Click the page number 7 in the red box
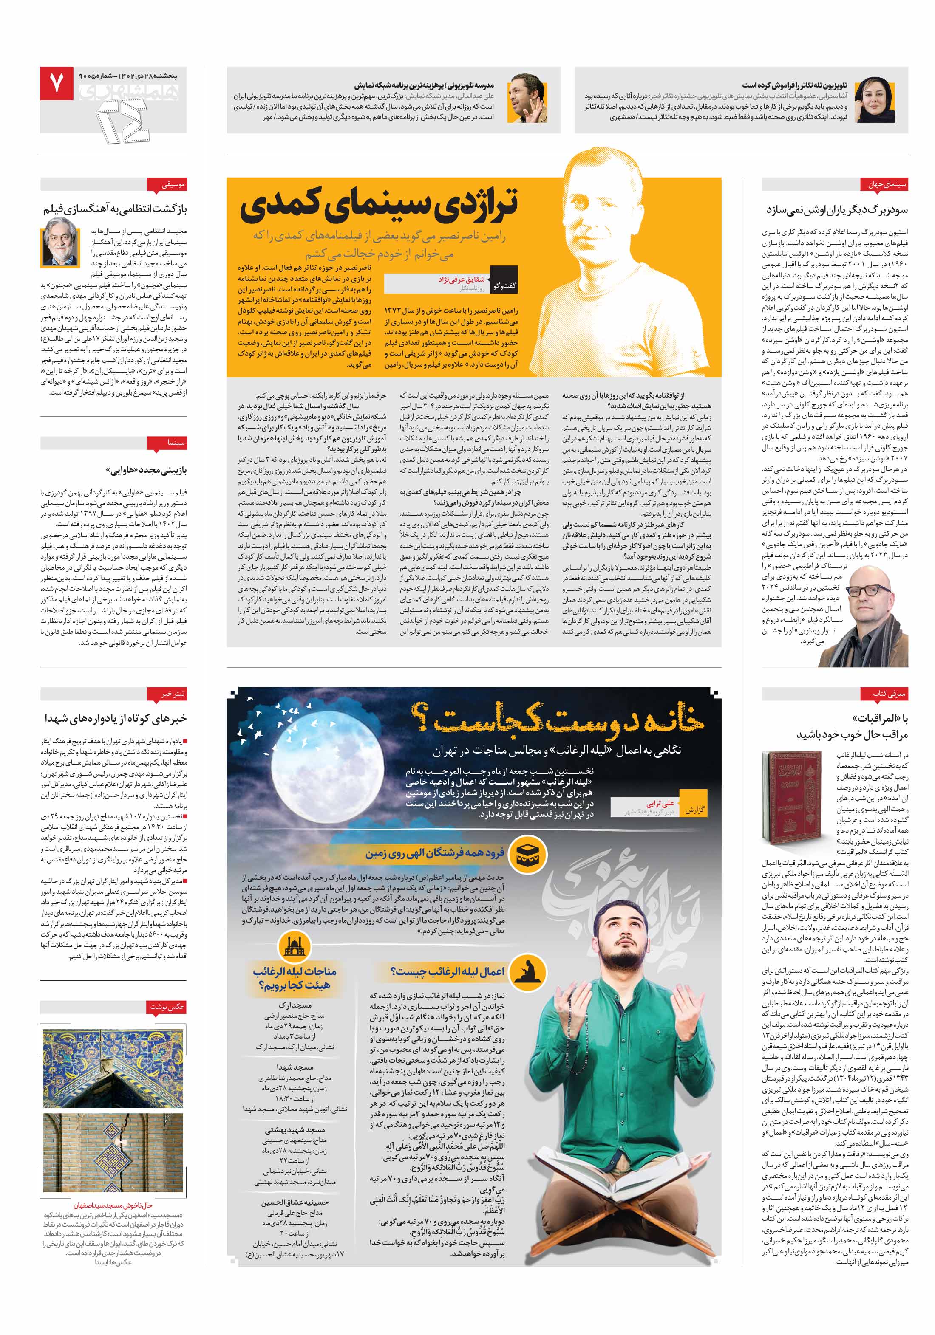(57, 83)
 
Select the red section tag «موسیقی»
(173, 185)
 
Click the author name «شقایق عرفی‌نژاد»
(462, 279)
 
